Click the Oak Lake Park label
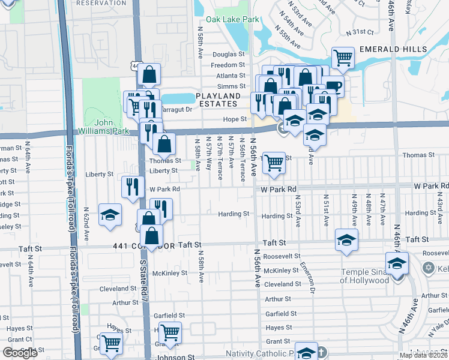pyautogui.click(x=233, y=20)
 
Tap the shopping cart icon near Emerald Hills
pyautogui.click(x=343, y=58)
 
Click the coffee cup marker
pyautogui.click(x=333, y=86)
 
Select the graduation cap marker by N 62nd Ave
pyautogui.click(x=110, y=217)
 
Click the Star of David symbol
pyautogui.click(x=428, y=268)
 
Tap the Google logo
pyautogui.click(x=20, y=353)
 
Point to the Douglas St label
pyautogui.click(x=229, y=54)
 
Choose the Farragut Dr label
pyautogui.click(x=177, y=109)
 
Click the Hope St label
pyautogui.click(x=235, y=119)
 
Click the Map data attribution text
pyautogui.click(x=423, y=355)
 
